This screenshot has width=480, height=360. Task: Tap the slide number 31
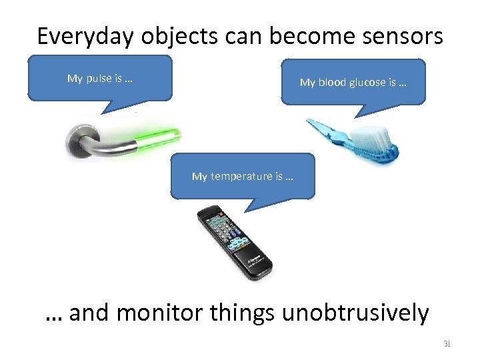[447, 344]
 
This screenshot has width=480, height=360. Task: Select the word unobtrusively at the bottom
[355, 312]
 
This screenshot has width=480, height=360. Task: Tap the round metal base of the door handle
[79, 141]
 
